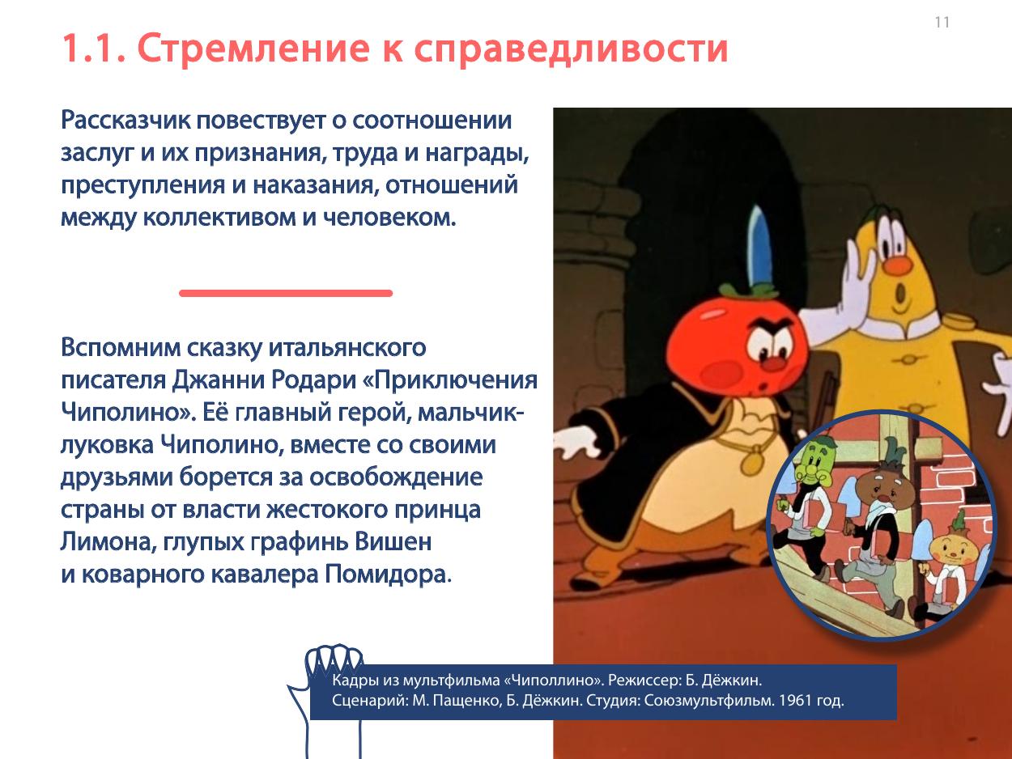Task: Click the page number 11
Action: (942, 22)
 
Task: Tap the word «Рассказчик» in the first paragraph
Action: (125, 121)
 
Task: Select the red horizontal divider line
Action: (286, 293)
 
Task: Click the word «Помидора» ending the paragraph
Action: (388, 575)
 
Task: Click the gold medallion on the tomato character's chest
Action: (754, 461)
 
